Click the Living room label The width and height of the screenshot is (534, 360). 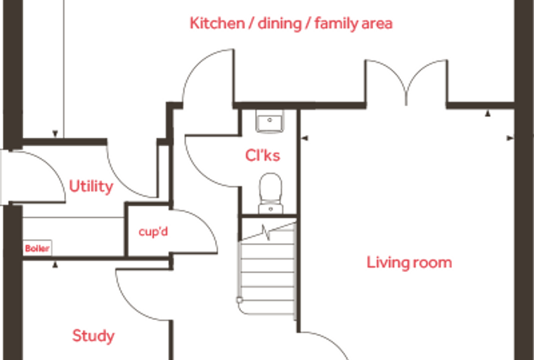pos(409,263)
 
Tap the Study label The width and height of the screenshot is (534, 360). pos(93,336)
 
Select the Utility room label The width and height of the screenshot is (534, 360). pos(91,186)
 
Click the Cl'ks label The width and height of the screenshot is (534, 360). pos(263,155)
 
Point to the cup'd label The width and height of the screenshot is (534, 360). pos(153,232)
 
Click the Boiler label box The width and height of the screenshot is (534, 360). pos(37,247)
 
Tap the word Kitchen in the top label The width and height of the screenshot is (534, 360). pos(217,23)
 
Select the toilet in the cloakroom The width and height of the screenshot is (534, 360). pos(271,193)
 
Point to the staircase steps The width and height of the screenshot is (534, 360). pos(268,273)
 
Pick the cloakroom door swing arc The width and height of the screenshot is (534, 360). pos(197,170)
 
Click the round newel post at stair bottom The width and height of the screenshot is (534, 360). pos(240,300)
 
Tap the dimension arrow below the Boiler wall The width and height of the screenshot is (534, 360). pos(56,264)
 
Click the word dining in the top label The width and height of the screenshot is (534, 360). pos(280,24)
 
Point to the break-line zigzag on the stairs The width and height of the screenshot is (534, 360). pos(267,232)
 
